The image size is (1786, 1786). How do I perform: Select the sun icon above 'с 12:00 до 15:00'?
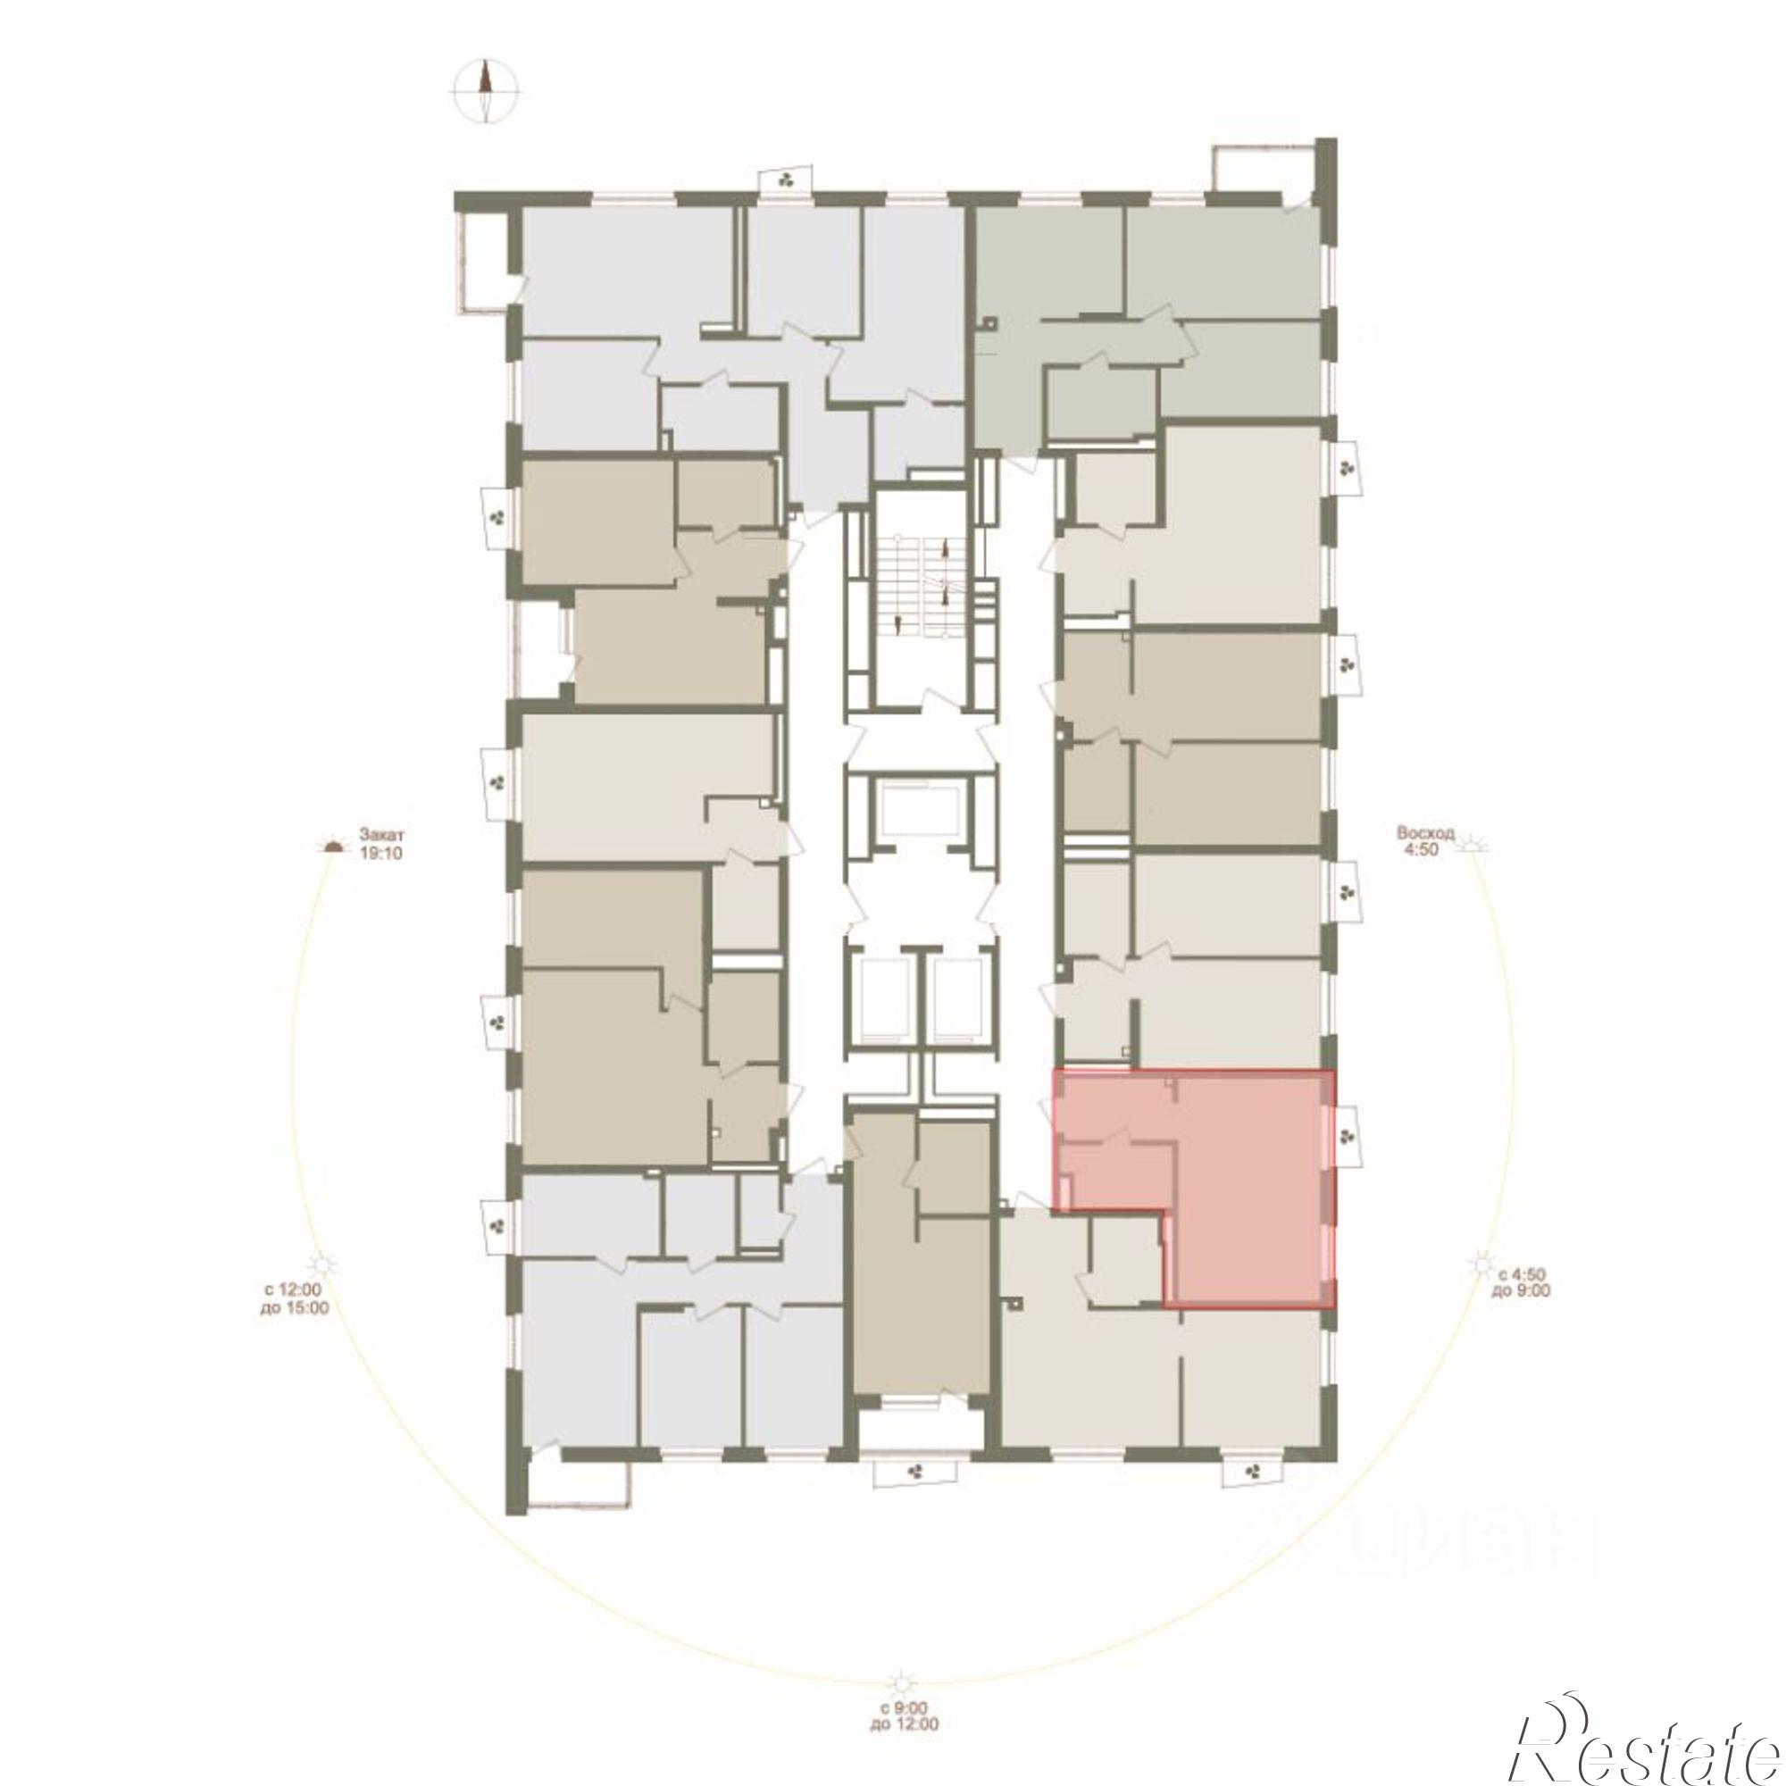(321, 1263)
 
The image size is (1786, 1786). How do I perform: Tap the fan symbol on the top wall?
(787, 179)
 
